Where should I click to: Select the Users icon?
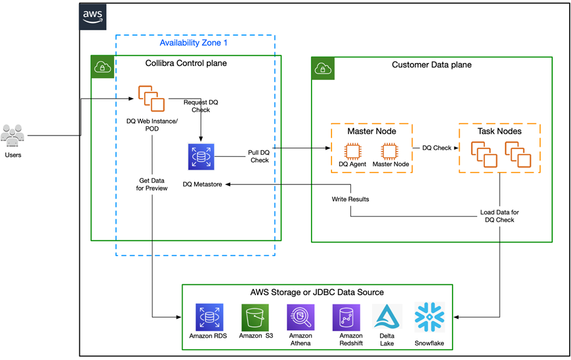pos(13,136)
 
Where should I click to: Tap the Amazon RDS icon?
pos(209,317)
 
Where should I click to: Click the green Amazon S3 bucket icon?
pos(255,317)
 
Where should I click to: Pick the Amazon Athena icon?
pos(301,317)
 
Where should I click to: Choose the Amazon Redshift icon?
pos(347,317)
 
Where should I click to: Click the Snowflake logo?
pos(429,317)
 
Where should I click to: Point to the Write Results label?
pos(350,199)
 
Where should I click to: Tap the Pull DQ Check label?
pos(259,156)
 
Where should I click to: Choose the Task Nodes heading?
pos(499,131)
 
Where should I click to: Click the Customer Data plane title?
pos(431,65)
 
